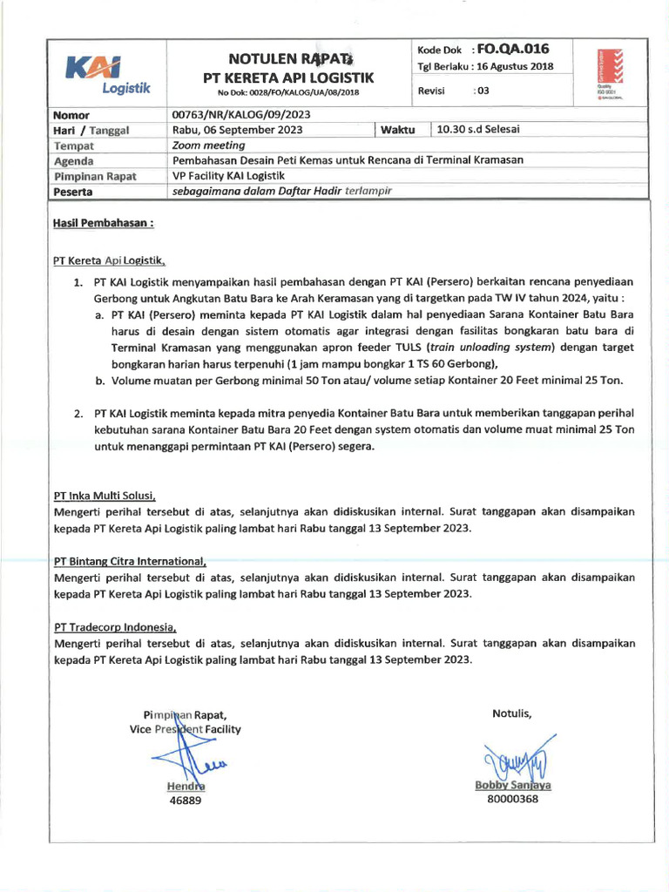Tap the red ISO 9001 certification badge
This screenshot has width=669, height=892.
(606, 73)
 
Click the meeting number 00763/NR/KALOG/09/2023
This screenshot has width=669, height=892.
(242, 114)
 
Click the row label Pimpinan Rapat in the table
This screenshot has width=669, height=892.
(95, 176)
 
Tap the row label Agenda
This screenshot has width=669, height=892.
(74, 161)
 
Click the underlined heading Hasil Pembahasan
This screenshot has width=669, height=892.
(104, 223)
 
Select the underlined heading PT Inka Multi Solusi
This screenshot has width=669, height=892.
(105, 497)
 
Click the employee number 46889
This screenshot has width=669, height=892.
(185, 801)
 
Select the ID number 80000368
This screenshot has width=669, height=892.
(512, 798)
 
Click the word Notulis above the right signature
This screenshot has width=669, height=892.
(511, 714)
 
